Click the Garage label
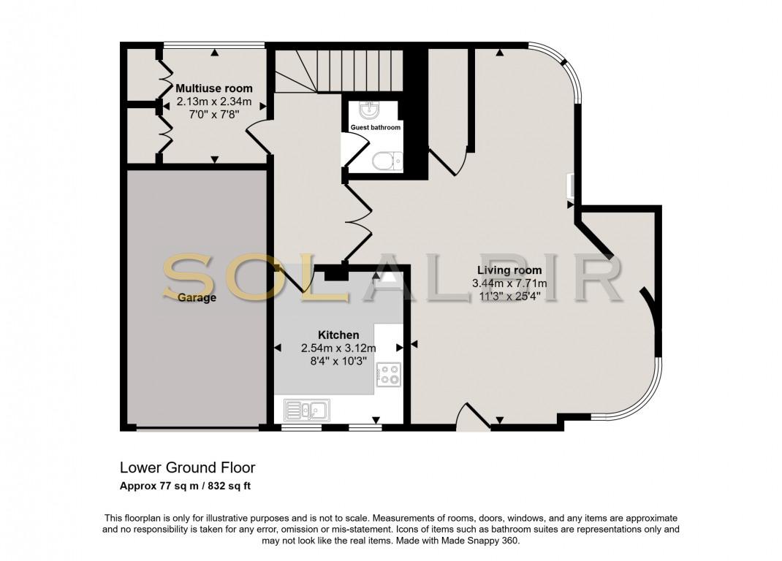(x=197, y=298)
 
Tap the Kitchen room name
(x=338, y=335)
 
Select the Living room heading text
(x=509, y=270)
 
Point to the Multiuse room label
(x=214, y=88)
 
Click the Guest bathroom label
(x=376, y=127)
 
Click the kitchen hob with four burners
(x=389, y=375)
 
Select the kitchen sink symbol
(x=307, y=411)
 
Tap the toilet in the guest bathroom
(x=387, y=161)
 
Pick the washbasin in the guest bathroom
(x=370, y=111)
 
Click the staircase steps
(x=339, y=71)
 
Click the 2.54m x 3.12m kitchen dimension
(x=338, y=348)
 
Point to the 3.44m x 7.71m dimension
(x=509, y=283)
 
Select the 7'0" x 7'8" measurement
(x=214, y=114)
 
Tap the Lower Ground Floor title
(x=188, y=467)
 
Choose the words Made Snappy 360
(x=480, y=540)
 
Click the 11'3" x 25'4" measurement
(x=509, y=297)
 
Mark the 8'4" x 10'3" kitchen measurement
(x=338, y=361)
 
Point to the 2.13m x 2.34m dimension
(x=214, y=102)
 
